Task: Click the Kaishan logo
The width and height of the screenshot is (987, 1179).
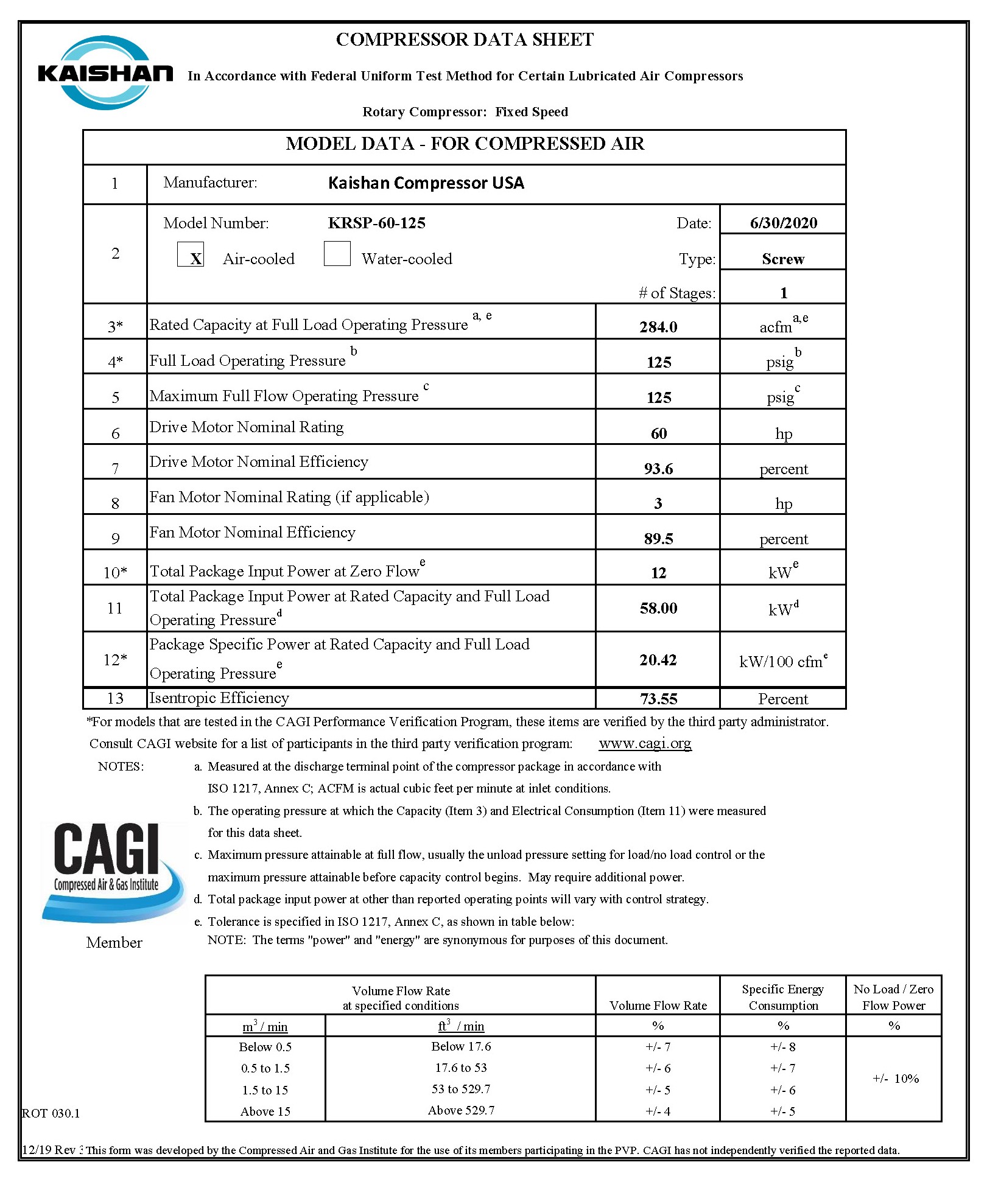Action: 105,73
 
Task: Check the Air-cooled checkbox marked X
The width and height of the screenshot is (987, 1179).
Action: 191,254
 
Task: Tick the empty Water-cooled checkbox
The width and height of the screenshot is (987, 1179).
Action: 337,254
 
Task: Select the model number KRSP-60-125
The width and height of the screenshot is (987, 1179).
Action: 376,223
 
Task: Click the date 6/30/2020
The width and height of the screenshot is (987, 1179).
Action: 783,223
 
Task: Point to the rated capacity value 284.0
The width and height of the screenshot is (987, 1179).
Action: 658,327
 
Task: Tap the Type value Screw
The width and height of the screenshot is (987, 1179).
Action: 783,259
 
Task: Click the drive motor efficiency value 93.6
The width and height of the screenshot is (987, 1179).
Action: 658,469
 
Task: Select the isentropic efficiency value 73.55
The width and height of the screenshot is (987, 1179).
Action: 658,699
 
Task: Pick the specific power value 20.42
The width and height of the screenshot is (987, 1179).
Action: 658,660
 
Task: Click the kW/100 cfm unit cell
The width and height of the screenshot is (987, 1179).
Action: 783,661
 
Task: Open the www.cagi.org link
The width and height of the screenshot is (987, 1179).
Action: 645,743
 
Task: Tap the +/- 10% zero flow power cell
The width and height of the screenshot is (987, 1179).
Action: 894,1079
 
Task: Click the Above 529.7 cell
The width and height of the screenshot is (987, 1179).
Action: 461,1110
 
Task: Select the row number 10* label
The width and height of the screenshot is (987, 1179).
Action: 115,572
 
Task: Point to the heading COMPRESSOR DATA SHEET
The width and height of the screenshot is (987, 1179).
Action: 465,40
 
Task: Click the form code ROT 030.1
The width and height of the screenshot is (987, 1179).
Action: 51,1113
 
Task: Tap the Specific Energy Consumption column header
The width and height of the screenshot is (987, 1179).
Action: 782,997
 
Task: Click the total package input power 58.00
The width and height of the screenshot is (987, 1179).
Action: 658,608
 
